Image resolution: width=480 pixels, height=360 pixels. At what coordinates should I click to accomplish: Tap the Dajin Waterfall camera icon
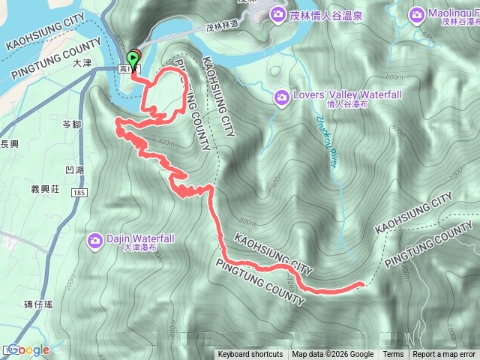95,240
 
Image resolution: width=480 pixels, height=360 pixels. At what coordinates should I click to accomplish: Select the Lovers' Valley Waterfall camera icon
282,96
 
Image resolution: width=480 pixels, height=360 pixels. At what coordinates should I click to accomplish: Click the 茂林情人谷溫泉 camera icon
278,13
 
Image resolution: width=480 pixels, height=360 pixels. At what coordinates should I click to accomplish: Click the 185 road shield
78,193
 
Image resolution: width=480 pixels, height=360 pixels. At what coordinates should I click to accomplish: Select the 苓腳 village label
72,124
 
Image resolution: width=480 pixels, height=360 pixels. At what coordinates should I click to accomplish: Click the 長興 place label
8,143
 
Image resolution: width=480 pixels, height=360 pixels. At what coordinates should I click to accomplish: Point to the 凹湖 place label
75,171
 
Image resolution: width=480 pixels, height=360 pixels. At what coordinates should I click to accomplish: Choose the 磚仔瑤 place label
37,304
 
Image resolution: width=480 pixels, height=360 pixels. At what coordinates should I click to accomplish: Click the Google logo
28,350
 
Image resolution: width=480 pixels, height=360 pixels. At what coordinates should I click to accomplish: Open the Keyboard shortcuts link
250,355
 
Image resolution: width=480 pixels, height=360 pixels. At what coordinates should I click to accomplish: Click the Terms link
393,355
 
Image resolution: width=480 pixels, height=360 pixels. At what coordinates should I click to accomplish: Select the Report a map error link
444,355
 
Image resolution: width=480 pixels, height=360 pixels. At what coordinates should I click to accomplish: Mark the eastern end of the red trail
363,283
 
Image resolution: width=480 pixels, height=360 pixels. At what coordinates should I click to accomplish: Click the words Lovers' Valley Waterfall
338,94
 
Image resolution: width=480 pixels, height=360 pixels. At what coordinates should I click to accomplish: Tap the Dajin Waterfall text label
142,238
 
